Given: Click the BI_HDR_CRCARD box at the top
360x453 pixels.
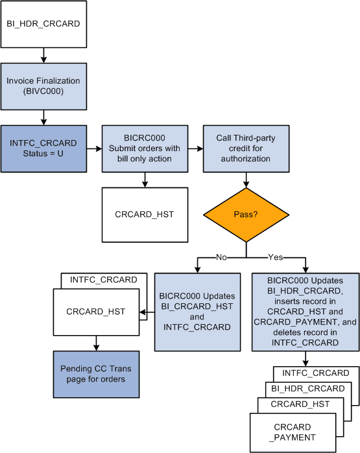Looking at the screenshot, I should coord(43,25).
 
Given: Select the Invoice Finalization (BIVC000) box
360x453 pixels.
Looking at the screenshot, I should coord(43,86).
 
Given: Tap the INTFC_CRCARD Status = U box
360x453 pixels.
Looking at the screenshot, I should coord(43,148).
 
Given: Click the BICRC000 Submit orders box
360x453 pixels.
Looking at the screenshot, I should coord(144,148).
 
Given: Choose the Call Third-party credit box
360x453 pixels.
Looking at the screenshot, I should coord(246,148).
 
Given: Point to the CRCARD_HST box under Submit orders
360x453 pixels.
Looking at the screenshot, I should coord(144,214).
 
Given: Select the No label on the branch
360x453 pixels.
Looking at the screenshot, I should coord(221,257).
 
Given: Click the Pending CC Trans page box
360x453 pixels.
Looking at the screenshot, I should coord(95,374).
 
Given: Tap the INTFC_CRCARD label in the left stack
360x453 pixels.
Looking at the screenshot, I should coord(104,280).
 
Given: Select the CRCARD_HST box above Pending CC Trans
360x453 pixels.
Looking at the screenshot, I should coord(96,312).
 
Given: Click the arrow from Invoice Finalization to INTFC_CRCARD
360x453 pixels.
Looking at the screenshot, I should coord(43,117).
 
